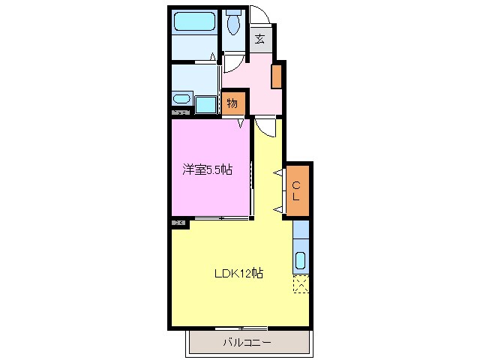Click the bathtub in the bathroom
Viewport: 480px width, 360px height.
193,22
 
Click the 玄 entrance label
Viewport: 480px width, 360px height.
259,39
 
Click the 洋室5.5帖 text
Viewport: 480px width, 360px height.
207,170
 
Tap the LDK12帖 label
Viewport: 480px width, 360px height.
235,273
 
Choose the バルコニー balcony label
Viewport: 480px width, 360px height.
247,343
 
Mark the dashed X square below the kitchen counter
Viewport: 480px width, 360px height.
301,284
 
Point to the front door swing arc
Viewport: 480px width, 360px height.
262,16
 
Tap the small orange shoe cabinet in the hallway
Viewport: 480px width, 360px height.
277,76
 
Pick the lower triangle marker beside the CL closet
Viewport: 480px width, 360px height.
277,208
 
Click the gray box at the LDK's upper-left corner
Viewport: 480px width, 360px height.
178,223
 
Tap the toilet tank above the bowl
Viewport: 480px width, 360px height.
233,11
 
